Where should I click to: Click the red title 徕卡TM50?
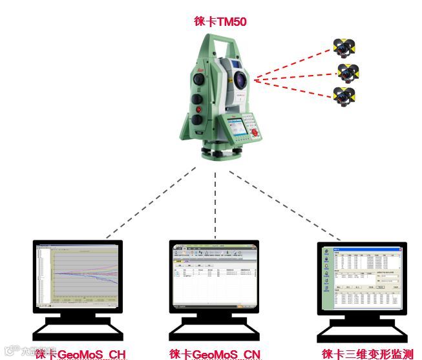click(220, 22)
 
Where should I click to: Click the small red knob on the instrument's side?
click(199, 110)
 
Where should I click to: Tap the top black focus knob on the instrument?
click(199, 78)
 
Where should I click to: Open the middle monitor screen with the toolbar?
click(215, 275)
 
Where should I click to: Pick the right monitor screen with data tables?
click(361, 279)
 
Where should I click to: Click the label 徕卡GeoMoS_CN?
click(215, 354)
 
